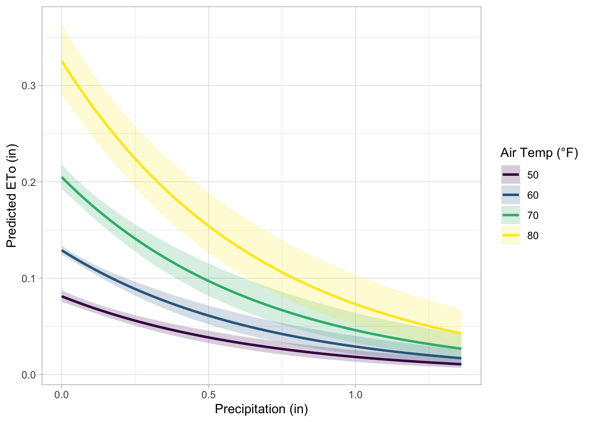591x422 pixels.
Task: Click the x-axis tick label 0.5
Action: [x=208, y=395]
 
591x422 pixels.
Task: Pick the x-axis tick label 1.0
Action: [x=355, y=395]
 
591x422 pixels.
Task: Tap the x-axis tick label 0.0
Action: [x=62, y=395]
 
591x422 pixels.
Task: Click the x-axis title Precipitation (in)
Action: [x=261, y=409]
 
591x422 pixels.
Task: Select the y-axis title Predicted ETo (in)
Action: [x=12, y=196]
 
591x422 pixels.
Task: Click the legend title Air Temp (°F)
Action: [x=539, y=153]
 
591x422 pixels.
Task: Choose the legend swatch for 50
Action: [x=511, y=175]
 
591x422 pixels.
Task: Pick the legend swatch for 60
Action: [x=511, y=195]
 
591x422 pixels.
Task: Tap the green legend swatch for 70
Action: [x=511, y=215]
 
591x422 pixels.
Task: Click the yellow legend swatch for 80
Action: [x=511, y=236]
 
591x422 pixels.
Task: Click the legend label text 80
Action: [x=533, y=236]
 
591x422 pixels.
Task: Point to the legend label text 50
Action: [x=533, y=175]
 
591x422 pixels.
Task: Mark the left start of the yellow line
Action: [x=62, y=62]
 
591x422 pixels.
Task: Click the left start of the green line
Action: [x=62, y=178]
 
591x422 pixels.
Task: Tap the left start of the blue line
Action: [x=62, y=251]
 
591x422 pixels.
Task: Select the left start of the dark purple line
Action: [x=62, y=297]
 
